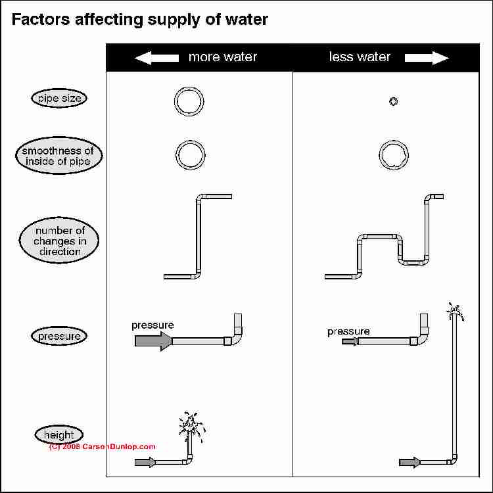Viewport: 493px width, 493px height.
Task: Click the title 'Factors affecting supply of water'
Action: pos(140,20)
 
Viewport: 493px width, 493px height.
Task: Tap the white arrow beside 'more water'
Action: pos(156,58)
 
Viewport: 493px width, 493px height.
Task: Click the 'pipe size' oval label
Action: pos(60,99)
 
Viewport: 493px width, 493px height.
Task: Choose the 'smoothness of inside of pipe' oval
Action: pos(59,156)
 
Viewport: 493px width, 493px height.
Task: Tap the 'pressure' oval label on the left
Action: pos(60,337)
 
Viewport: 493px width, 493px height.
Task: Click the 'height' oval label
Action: pos(59,435)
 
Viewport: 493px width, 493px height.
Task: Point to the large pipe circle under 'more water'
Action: pos(190,101)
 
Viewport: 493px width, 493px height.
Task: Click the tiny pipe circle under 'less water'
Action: pos(393,101)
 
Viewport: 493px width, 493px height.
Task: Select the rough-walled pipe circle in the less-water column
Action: pos(394,156)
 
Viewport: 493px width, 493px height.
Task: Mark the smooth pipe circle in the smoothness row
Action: pos(191,155)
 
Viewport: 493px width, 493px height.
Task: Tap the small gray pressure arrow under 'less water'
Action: pos(350,341)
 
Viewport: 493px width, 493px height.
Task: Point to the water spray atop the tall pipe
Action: pos(454,310)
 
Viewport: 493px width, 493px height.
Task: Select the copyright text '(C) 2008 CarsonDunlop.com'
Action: pos(102,447)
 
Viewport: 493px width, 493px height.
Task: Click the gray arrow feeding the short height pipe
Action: pos(145,463)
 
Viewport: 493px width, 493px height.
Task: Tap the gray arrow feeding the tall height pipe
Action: pos(409,463)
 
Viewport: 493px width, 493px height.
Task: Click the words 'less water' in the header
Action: pos(360,58)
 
